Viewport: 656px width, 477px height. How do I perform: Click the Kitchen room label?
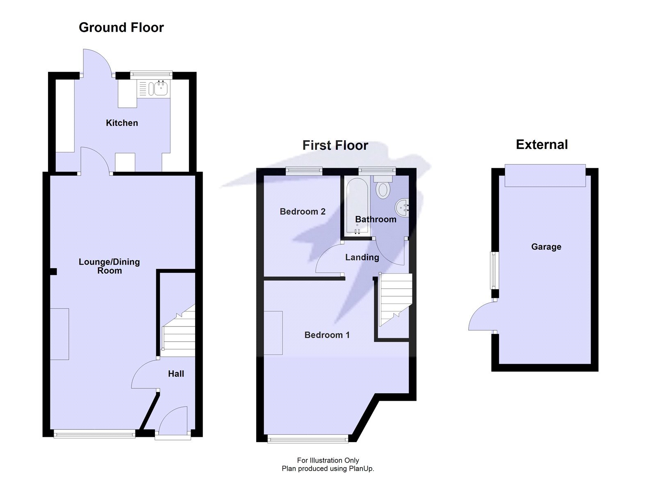[x=122, y=123]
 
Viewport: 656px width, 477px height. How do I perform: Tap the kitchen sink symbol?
[x=158, y=89]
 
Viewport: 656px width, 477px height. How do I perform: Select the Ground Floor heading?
[x=121, y=27]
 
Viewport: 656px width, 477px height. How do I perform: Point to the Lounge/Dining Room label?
[x=109, y=266]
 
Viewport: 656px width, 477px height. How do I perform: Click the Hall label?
[x=176, y=374]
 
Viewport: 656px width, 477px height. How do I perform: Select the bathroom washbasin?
[x=403, y=208]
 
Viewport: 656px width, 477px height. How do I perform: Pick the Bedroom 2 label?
[x=303, y=212]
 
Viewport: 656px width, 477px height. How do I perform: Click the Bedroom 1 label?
[x=327, y=335]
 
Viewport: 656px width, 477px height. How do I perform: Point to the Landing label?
[x=362, y=257]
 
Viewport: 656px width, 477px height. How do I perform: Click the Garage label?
[x=546, y=247]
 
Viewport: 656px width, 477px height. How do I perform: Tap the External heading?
[x=542, y=144]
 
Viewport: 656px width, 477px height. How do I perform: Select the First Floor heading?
[x=335, y=145]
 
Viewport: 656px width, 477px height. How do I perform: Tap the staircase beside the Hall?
[x=179, y=330]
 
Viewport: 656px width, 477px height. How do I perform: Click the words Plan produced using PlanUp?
[x=328, y=468]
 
